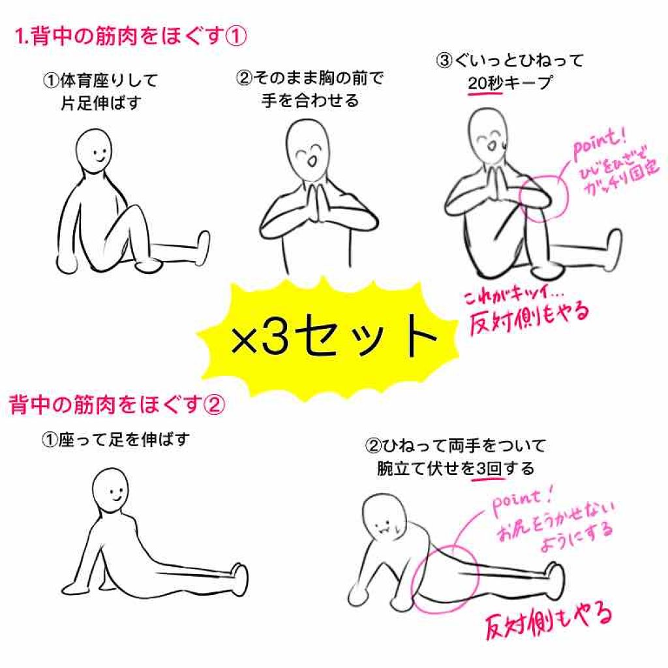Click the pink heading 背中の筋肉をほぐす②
[x=117, y=406]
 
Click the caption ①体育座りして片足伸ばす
[x=100, y=91]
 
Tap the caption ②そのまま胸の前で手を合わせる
[x=309, y=89]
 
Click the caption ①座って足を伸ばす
[x=115, y=440]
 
